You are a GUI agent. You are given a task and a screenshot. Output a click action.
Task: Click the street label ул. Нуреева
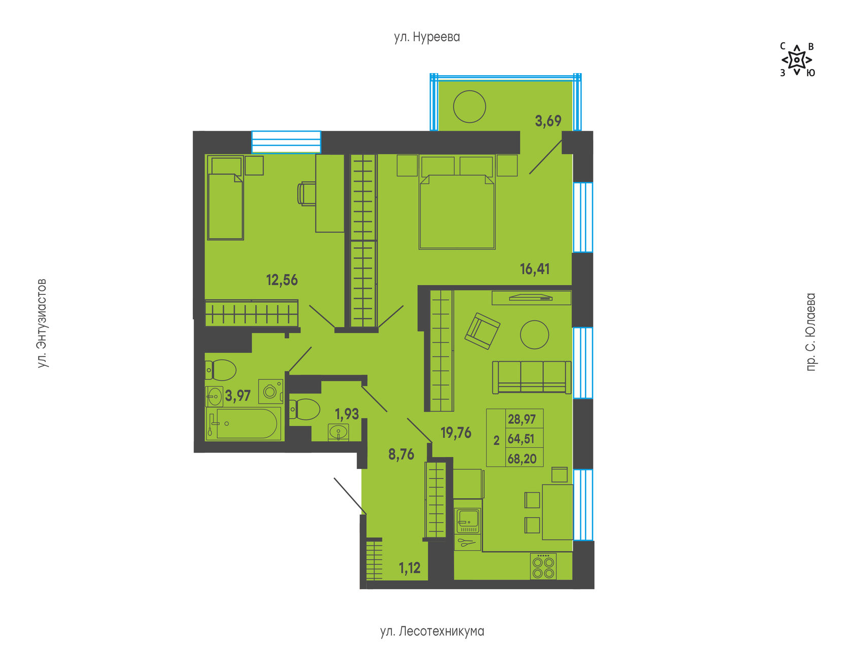(x=426, y=37)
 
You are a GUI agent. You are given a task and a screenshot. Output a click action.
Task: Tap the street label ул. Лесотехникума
(x=432, y=631)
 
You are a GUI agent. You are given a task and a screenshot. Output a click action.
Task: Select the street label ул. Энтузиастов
(x=42, y=323)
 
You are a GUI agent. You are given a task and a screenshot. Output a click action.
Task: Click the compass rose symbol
(x=797, y=60)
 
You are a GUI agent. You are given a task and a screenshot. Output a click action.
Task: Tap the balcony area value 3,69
(x=548, y=121)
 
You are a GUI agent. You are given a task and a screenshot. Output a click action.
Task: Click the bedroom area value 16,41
(x=535, y=269)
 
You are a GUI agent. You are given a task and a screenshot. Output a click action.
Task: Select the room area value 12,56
(x=282, y=280)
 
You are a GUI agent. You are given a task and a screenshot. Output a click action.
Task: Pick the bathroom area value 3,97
(x=238, y=395)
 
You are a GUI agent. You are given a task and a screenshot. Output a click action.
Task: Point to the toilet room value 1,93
(x=347, y=414)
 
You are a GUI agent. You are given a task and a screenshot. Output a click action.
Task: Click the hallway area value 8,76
(x=401, y=454)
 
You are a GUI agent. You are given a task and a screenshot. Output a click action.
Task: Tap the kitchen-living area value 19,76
(x=456, y=432)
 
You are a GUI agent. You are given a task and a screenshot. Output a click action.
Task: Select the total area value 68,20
(x=522, y=459)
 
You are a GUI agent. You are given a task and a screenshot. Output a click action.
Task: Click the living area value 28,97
(x=522, y=419)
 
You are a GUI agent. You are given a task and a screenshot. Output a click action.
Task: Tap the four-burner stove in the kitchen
(x=543, y=566)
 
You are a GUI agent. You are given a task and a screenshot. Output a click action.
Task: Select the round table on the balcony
(x=470, y=107)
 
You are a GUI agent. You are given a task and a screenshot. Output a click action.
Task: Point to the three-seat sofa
(x=532, y=377)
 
